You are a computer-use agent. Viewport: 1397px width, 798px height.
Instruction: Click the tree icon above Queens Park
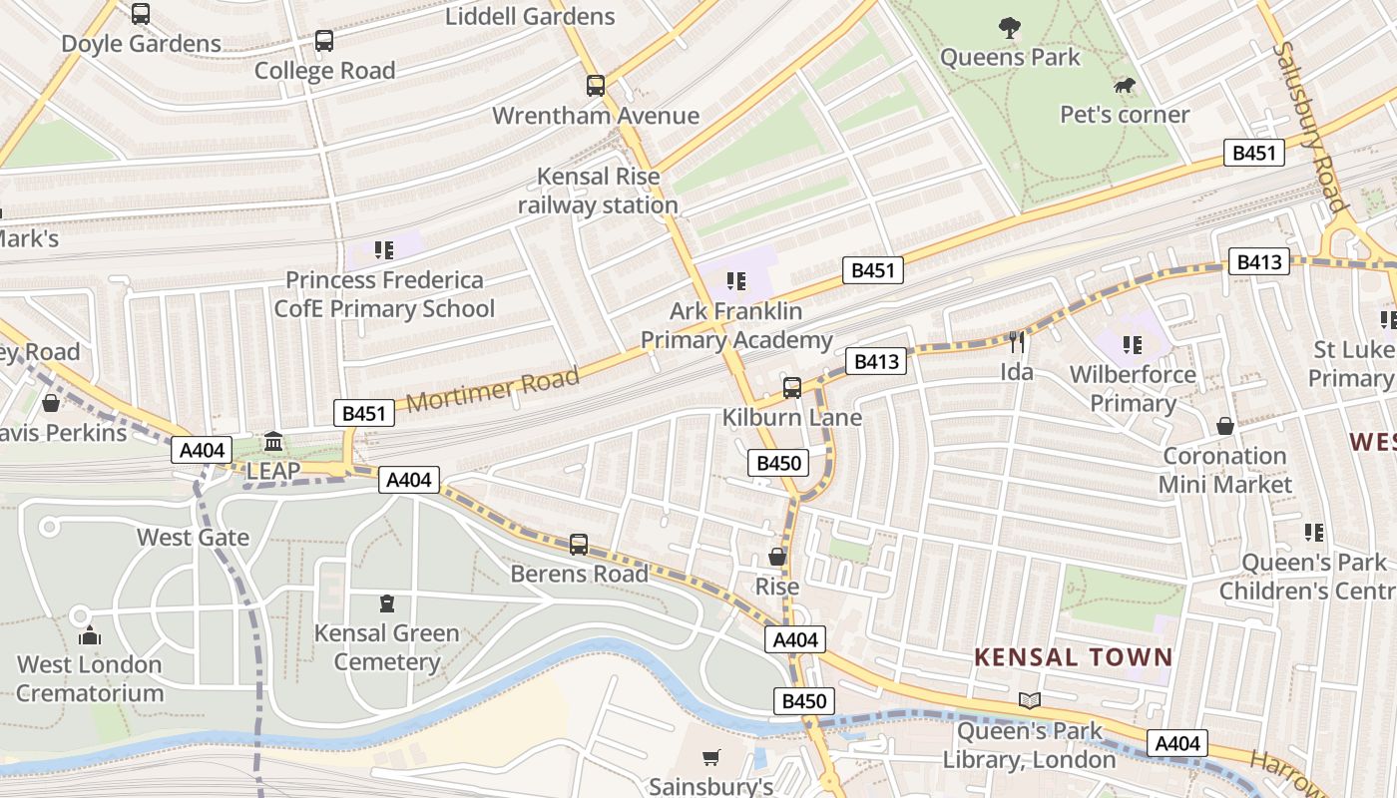tap(1010, 29)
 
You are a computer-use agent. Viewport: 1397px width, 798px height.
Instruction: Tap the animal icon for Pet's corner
tap(1125, 86)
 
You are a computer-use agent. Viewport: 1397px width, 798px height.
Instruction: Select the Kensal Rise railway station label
tap(598, 192)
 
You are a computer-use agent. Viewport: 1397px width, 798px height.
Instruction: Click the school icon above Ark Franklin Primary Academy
tap(736, 281)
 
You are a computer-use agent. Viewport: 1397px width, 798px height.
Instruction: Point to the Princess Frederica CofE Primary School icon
tap(384, 249)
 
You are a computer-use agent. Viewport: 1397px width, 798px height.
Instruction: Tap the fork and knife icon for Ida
tap(1017, 342)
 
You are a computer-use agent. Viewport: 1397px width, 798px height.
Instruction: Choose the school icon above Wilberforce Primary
tap(1132, 345)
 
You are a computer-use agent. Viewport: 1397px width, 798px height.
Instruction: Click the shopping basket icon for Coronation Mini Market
tap(1225, 427)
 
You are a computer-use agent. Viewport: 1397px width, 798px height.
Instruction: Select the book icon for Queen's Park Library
tap(1030, 701)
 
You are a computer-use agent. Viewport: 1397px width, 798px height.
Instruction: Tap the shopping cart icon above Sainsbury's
tap(711, 758)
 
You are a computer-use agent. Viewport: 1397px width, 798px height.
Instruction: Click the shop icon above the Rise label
tap(777, 557)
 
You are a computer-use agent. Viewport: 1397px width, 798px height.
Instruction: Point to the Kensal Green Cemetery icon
tap(387, 603)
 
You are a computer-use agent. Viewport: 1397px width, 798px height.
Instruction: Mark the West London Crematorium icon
tap(90, 635)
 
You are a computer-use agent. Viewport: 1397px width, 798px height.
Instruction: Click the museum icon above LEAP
tap(273, 441)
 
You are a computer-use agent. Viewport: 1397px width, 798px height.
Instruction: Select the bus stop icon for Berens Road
tap(579, 545)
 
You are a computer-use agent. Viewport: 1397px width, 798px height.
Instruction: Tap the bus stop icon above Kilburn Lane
tap(792, 387)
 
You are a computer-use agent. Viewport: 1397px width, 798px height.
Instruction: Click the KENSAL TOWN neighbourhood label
tap(1073, 657)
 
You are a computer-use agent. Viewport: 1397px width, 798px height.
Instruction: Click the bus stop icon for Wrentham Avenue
tap(596, 86)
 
